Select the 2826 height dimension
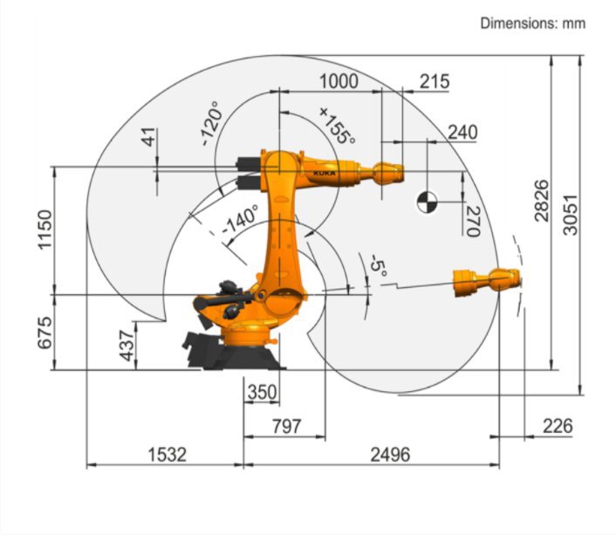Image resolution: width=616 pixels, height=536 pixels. tap(541, 201)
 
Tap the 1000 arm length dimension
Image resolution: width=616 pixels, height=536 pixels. tap(339, 81)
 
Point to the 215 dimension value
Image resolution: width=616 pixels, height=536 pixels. tap(435, 81)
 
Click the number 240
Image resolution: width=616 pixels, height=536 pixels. tap(462, 132)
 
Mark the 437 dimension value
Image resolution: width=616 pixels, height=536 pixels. tap(127, 346)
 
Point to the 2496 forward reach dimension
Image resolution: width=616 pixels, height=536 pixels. tap(389, 454)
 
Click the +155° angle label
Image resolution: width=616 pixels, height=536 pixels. tap(337, 126)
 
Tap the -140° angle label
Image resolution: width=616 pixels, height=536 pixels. tap(240, 222)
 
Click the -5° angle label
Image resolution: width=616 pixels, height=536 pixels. tap(377, 265)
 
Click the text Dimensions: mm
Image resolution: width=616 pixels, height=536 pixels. tap(532, 24)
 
